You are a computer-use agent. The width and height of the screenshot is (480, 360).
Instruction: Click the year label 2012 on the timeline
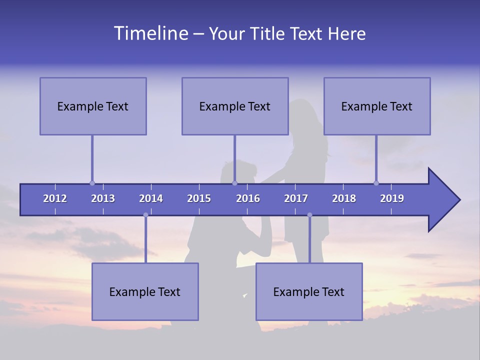(55, 198)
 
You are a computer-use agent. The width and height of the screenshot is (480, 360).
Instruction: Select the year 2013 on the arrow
(103, 198)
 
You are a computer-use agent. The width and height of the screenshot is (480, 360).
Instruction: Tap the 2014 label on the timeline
(151, 198)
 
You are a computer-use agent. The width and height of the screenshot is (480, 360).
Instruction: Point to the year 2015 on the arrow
(199, 198)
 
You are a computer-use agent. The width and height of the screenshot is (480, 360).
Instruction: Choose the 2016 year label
(248, 198)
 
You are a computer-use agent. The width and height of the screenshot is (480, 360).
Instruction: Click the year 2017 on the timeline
(296, 198)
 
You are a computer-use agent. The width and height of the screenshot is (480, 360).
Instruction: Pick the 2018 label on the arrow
(344, 198)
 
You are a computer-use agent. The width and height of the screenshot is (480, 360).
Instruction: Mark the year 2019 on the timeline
(392, 198)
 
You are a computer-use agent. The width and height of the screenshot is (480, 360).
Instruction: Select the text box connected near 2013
(93, 106)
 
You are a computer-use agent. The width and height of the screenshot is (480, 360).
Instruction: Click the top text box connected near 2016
(235, 106)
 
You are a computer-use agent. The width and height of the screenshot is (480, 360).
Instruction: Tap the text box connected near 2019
(377, 106)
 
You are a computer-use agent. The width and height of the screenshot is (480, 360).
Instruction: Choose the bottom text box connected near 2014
(145, 291)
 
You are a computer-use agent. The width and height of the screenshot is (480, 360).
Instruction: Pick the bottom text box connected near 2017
(309, 291)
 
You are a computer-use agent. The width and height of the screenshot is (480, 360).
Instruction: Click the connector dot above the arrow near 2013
(92, 183)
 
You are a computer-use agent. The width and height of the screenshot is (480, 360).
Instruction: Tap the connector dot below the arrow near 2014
(145, 215)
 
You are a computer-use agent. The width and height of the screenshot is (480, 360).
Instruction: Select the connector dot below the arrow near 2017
(309, 215)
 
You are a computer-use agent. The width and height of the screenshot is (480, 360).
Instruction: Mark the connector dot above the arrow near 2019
(376, 183)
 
